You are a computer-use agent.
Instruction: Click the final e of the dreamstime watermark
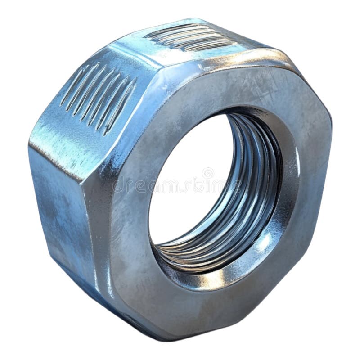point(234,185)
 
